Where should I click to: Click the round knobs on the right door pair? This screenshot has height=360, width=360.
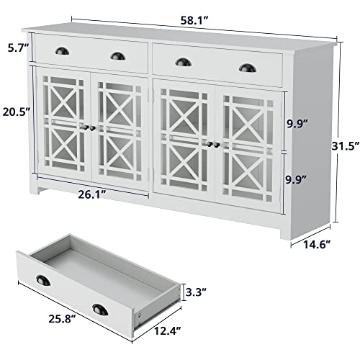coord(213,145)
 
